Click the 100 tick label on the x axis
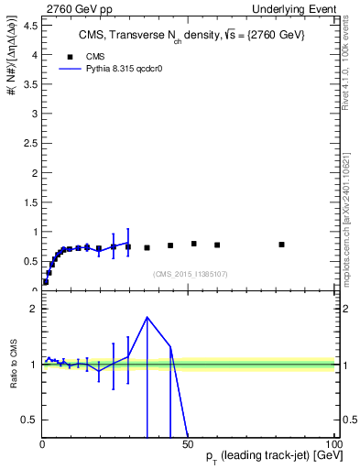tap(333, 444)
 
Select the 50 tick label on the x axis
tap(188, 444)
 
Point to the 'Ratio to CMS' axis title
tap(13, 365)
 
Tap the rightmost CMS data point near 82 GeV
tap(281, 245)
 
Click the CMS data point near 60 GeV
tap(217, 245)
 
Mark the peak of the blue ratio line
tap(147, 317)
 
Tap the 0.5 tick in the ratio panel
tap(29, 420)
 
